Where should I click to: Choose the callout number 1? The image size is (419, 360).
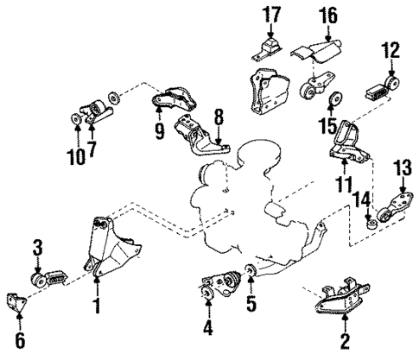97,306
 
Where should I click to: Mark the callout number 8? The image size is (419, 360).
219,114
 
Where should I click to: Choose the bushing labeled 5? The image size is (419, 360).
251,274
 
